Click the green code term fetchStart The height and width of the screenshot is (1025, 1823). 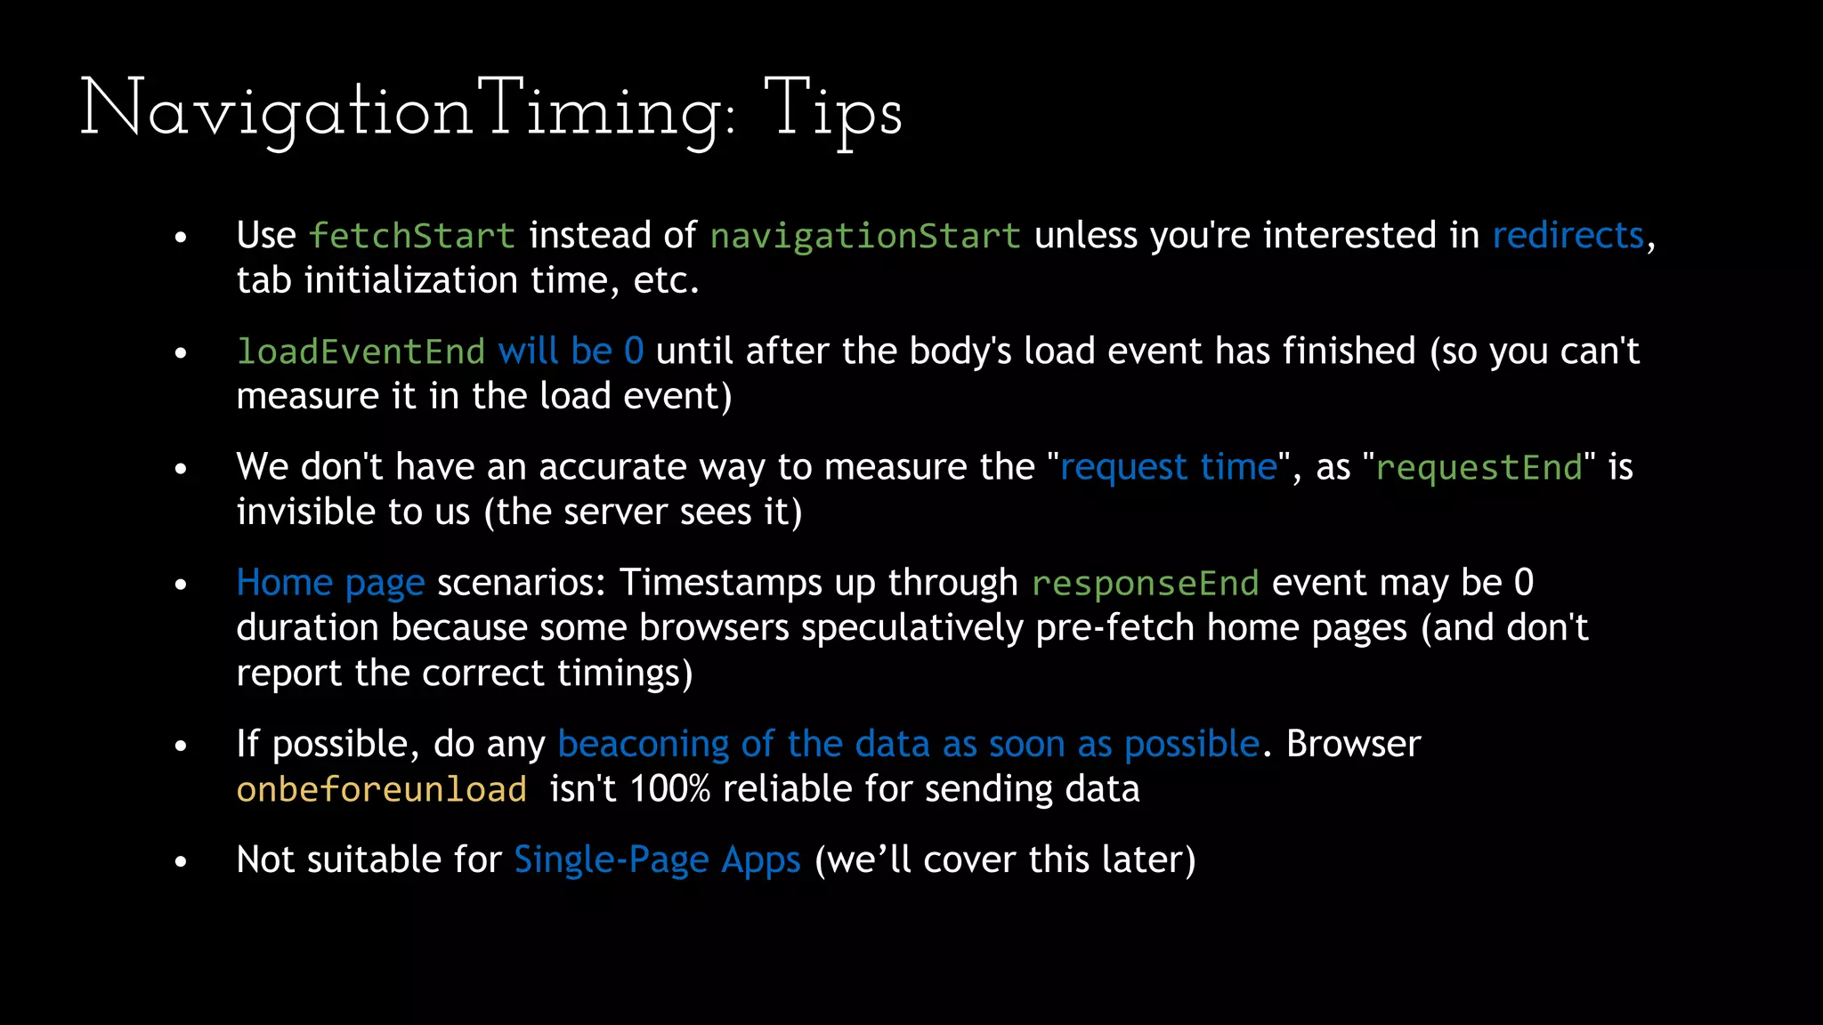point(411,236)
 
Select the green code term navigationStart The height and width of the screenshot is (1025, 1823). point(865,236)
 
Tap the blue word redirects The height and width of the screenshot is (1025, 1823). point(1568,235)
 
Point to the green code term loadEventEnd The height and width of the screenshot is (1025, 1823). point(361,351)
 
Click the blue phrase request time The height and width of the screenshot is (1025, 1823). point(1168,466)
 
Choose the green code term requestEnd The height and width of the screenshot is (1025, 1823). point(1479,467)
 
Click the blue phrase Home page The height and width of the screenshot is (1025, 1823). point(330,583)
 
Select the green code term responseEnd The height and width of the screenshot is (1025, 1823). point(1145,583)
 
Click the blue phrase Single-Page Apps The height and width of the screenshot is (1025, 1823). point(657,860)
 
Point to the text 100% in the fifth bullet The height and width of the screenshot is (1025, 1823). point(669,789)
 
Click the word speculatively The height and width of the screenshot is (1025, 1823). point(912,628)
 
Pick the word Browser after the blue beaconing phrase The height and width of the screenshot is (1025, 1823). point(1353,744)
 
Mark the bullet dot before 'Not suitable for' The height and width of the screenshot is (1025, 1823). point(181,861)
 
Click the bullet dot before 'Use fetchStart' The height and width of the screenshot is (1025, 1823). point(181,238)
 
